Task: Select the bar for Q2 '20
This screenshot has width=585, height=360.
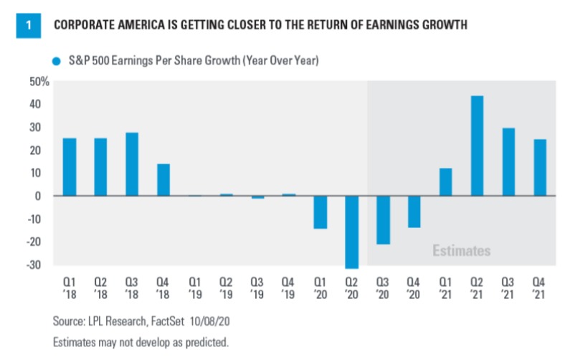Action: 351,232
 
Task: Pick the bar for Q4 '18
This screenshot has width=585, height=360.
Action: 163,180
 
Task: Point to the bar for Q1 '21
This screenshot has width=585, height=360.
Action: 445,182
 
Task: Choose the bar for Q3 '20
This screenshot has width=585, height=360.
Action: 383,220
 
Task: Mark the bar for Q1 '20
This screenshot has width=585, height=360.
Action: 320,212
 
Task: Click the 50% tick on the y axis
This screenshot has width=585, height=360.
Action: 39,81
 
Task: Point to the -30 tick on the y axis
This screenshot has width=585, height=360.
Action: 41,265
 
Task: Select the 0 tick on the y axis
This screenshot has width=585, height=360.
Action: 45,196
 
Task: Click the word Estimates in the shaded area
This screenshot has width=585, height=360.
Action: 462,251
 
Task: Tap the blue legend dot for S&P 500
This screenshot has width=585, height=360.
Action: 54,62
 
